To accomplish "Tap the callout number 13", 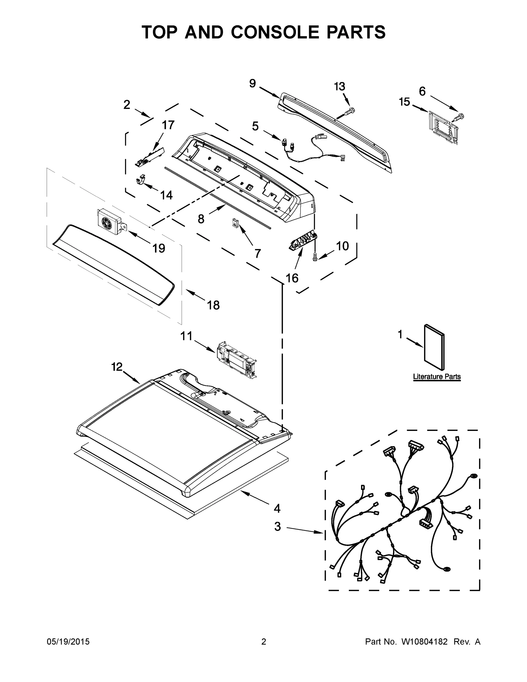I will point(339,86).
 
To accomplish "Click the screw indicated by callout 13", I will point(351,111).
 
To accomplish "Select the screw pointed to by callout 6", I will point(458,117).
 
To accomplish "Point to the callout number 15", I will point(404,102).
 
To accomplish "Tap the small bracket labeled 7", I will point(235,223).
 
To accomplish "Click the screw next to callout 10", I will point(315,257).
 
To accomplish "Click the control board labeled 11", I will point(236,360).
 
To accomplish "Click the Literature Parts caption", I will point(436,377).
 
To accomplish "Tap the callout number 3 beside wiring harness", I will point(278,527).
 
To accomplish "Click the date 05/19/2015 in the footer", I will point(68,642).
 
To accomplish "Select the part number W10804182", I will point(424,642).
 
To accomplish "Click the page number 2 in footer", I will point(264,642).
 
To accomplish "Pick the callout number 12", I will point(117,367).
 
